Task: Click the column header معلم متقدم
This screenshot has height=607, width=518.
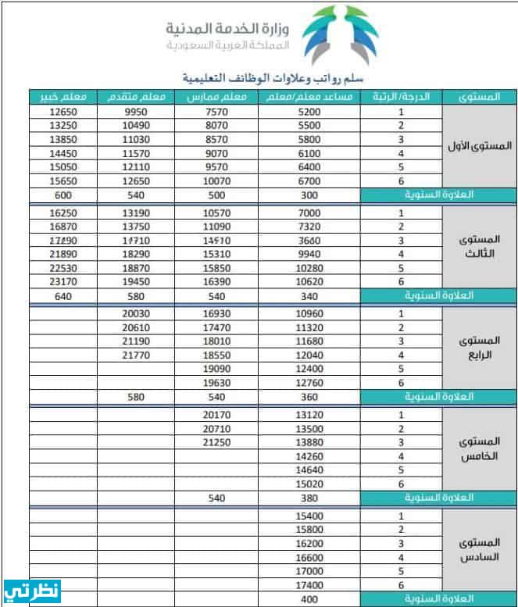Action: [x=136, y=98]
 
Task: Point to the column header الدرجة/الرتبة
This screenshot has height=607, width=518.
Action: [x=401, y=98]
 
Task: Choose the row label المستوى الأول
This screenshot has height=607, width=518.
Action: [x=480, y=146]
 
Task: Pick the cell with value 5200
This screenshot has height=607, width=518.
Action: [x=309, y=112]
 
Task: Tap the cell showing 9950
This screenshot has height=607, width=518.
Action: [x=136, y=112]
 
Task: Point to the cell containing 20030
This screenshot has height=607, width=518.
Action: [x=136, y=313]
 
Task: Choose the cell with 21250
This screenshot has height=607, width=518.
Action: [x=216, y=442]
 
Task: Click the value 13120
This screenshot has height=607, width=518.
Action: [x=309, y=415]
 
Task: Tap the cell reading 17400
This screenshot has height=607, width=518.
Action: [x=309, y=584]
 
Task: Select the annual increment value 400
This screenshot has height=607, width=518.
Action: [x=309, y=598]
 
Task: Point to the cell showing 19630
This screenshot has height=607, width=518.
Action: [x=216, y=383]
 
